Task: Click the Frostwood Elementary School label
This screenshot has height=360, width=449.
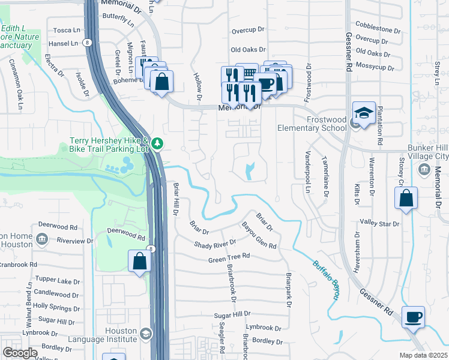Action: click(x=312, y=124)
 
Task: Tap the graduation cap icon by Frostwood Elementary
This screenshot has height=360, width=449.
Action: click(x=364, y=113)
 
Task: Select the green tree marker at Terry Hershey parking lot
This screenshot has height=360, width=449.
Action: click(x=157, y=143)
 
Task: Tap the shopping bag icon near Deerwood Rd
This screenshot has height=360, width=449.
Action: click(x=139, y=262)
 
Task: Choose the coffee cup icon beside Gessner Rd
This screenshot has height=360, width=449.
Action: click(x=414, y=316)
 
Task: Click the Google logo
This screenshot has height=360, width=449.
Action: click(x=20, y=353)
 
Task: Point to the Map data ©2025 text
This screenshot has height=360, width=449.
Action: click(x=423, y=355)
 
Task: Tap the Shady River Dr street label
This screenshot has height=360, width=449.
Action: click(x=215, y=243)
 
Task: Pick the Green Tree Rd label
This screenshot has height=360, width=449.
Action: click(x=229, y=258)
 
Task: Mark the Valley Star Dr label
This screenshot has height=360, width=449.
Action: click(x=379, y=223)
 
